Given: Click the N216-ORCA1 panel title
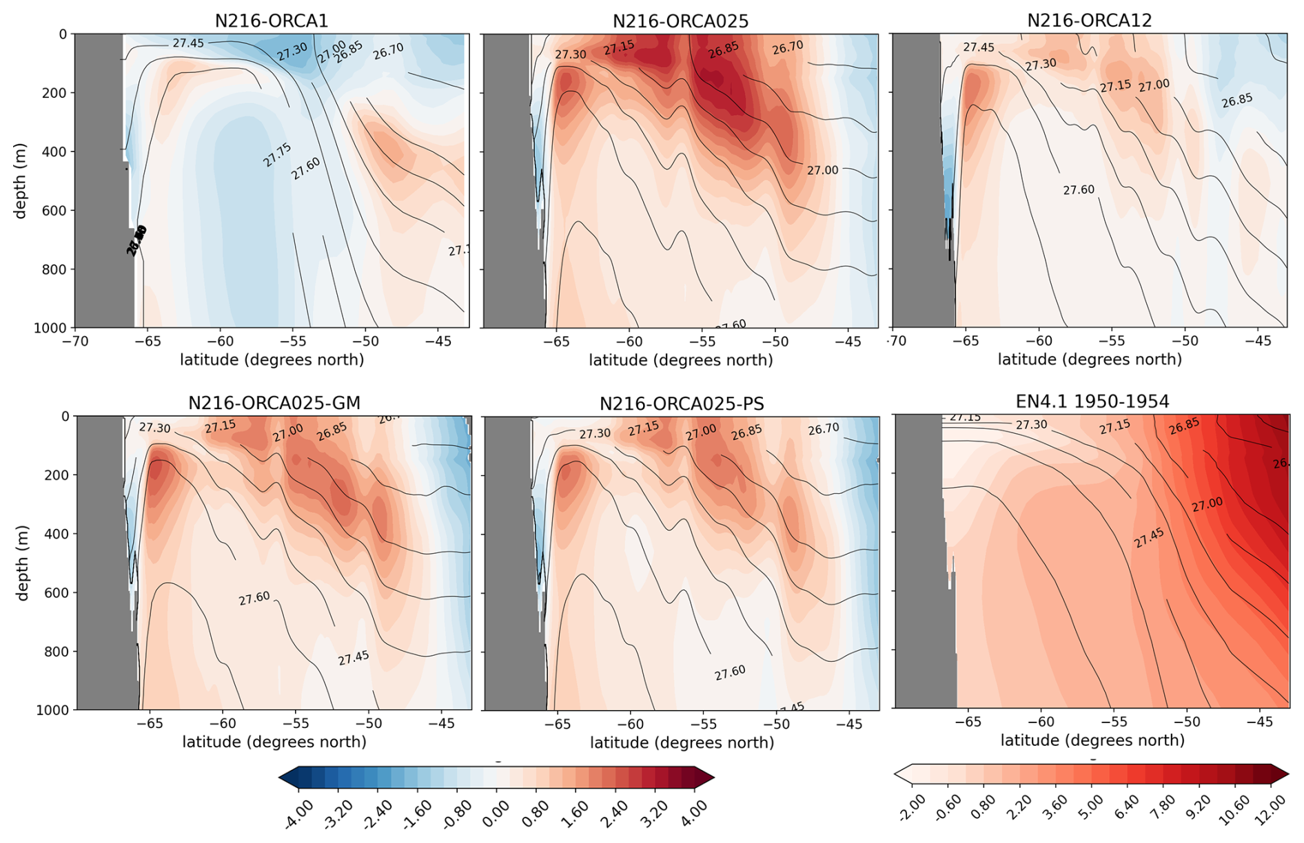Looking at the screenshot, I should point(271,21).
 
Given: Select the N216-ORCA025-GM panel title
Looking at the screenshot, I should point(274,403).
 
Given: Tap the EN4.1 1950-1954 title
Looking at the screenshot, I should point(1092,402).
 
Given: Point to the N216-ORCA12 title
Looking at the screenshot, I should point(1089,21).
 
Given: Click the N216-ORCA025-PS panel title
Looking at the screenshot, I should point(681,404).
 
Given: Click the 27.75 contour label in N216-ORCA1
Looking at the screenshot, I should point(277,155).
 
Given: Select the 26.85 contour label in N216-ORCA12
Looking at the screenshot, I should point(1236,101).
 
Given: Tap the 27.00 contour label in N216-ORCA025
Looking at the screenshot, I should point(822,170).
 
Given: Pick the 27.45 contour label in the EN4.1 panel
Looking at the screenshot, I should point(1148,538).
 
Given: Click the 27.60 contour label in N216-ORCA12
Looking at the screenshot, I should point(1078,189).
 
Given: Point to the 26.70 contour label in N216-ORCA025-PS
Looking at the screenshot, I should point(823,429).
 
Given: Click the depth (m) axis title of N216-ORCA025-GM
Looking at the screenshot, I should point(23,563).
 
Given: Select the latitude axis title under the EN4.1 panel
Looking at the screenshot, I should point(1092,740).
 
